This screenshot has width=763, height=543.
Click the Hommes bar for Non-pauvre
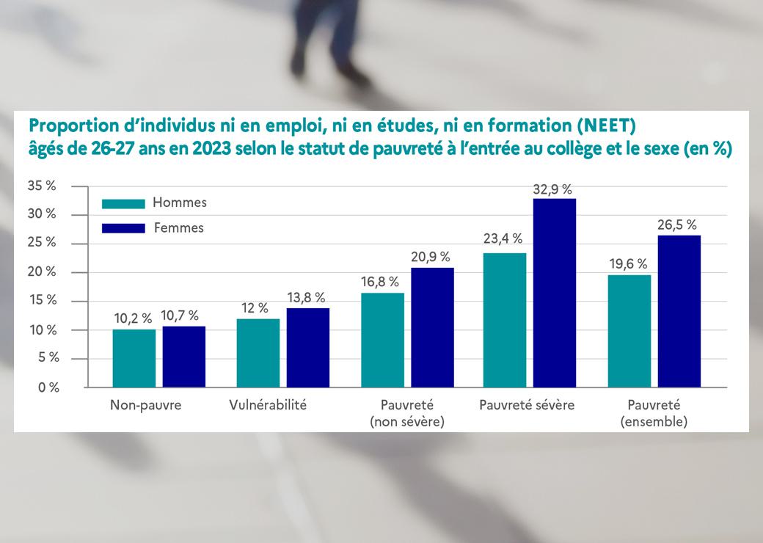pyautogui.click(x=134, y=358)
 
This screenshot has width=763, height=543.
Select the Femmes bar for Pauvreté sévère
pyautogui.click(x=555, y=293)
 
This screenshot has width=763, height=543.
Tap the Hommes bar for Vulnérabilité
pyautogui.click(x=258, y=353)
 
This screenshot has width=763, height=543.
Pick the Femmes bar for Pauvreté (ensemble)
pyautogui.click(x=679, y=311)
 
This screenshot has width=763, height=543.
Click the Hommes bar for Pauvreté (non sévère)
pyautogui.click(x=382, y=339)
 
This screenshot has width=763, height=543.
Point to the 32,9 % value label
pyautogui.click(x=554, y=189)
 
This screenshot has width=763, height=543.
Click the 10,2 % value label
pyautogui.click(x=133, y=318)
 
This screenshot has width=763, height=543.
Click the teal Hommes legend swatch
pyautogui.click(x=122, y=203)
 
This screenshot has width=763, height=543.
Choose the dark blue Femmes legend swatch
pyautogui.click(x=122, y=228)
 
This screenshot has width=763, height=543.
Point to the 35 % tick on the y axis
pyautogui.click(x=41, y=186)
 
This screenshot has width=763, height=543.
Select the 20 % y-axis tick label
pyautogui.click(x=41, y=272)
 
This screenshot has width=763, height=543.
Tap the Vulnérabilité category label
pyautogui.click(x=268, y=405)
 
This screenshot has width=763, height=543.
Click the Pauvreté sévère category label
pyautogui.click(x=526, y=405)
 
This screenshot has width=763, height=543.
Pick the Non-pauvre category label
pyautogui.click(x=145, y=405)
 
